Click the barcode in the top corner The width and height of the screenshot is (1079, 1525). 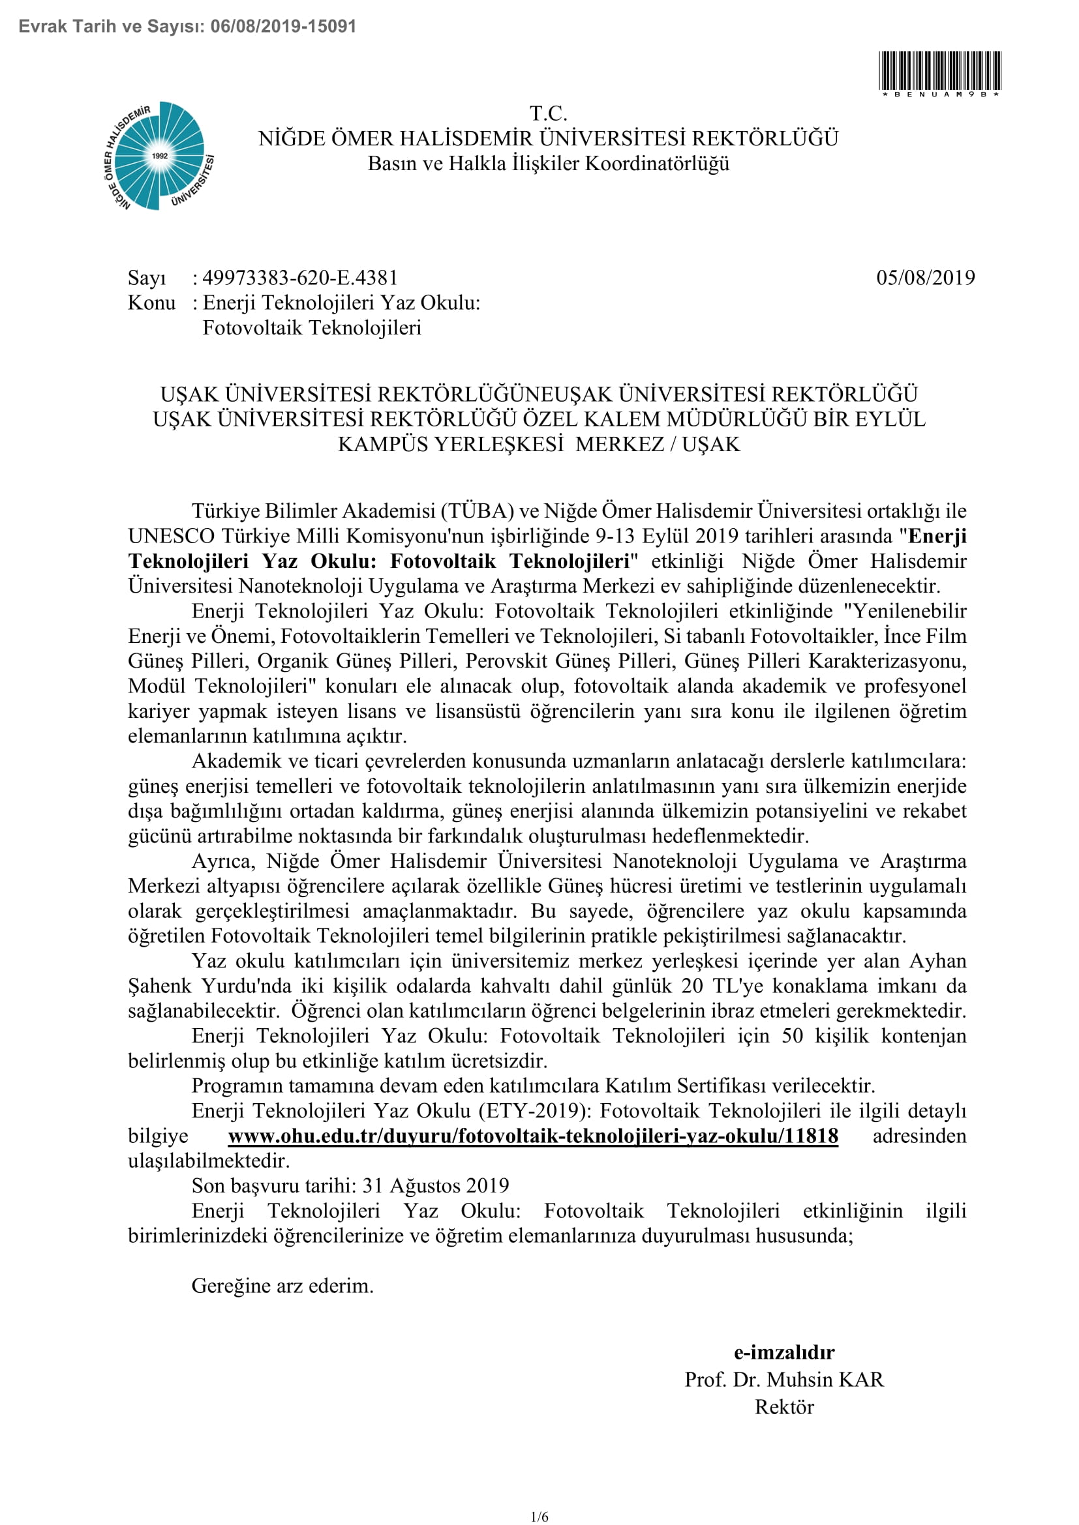[939, 70]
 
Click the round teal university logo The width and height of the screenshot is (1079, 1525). [159, 156]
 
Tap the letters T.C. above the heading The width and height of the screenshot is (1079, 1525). [548, 113]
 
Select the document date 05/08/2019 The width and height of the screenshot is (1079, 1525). [926, 278]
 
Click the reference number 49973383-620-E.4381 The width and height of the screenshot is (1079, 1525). [299, 278]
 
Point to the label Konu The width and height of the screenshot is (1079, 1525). [151, 303]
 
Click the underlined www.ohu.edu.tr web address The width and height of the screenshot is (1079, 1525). [533, 1136]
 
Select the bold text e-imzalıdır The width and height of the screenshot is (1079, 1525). [784, 1352]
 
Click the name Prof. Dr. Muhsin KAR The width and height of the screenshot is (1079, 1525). [784, 1380]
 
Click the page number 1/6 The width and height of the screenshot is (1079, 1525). [539, 1517]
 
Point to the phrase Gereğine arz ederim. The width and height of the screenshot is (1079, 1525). [282, 1285]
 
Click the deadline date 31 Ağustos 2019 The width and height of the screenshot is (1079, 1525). [436, 1185]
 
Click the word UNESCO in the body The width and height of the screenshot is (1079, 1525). [172, 536]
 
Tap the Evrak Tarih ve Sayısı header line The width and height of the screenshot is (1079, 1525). [187, 27]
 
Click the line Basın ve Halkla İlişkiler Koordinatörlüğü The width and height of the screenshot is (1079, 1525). [548, 164]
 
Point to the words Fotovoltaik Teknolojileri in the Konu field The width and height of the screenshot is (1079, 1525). [312, 328]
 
